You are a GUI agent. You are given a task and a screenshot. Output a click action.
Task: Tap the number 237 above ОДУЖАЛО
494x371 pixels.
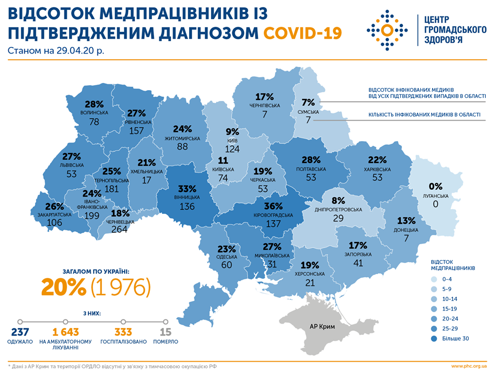click(20, 332)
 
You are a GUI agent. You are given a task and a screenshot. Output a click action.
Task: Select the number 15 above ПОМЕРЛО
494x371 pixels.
click(165, 332)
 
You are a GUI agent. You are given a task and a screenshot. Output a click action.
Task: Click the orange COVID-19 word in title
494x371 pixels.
click(302, 33)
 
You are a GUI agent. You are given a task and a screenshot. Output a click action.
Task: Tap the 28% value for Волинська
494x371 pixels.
click(95, 104)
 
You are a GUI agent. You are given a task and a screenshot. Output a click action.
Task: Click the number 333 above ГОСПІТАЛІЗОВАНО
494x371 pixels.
click(123, 332)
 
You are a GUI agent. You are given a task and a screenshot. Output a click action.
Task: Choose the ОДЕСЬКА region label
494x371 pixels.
click(227, 257)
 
